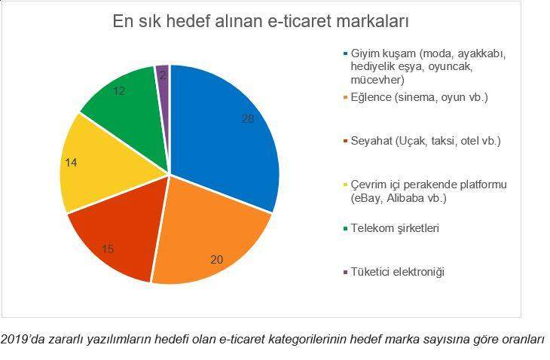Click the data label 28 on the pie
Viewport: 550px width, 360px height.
248,119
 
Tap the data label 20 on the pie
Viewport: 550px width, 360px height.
217,259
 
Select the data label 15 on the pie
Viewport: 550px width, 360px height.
108,249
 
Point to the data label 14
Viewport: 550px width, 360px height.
72,163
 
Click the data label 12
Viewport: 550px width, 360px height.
119,91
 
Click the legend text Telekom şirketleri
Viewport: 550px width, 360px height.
395,228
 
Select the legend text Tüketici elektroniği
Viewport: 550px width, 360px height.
398,272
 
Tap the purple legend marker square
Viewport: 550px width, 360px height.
346,272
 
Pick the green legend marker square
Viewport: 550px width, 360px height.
346,228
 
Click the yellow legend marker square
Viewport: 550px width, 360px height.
346,185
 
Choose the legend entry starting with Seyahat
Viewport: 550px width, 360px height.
426,141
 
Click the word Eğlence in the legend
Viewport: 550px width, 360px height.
371,97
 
